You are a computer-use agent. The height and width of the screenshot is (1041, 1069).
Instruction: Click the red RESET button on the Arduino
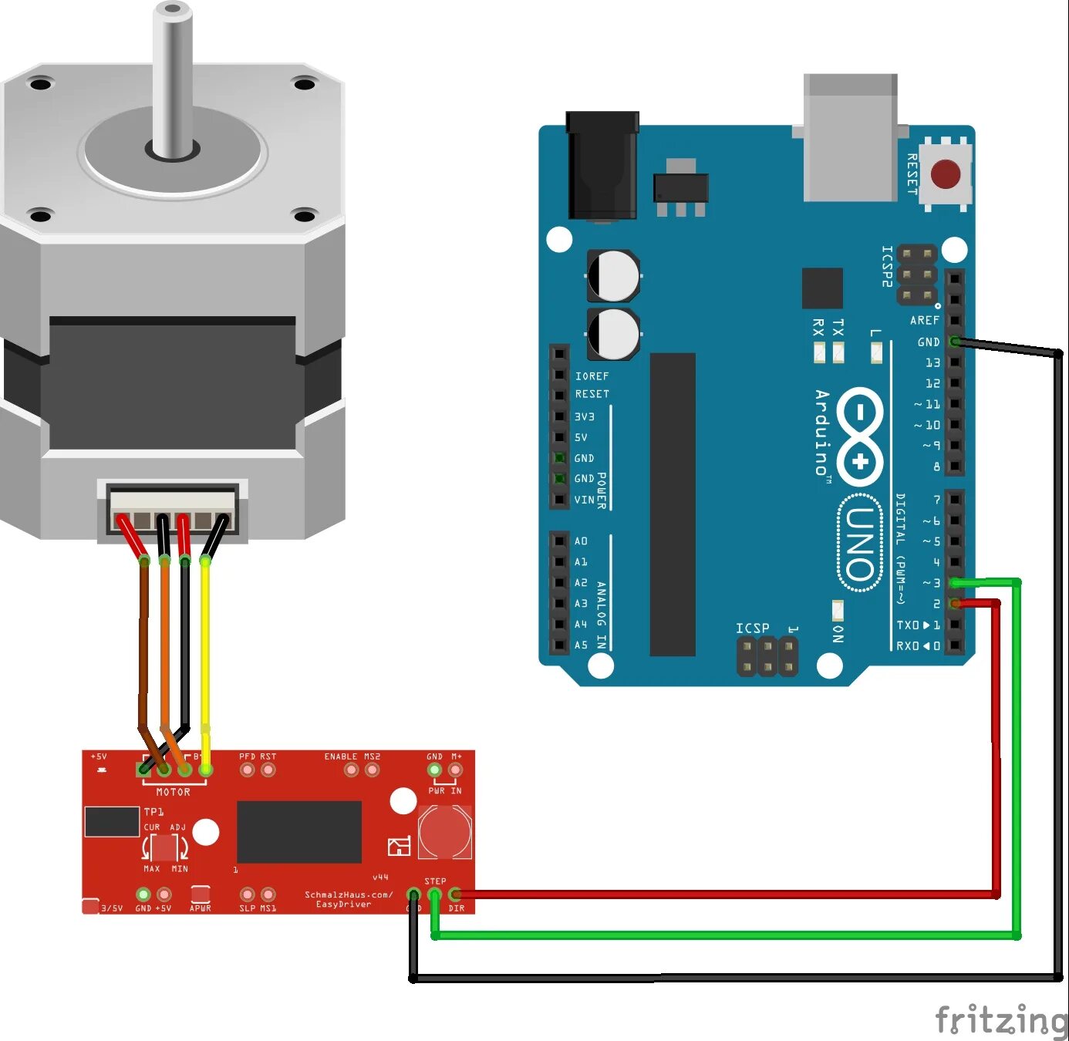click(x=945, y=174)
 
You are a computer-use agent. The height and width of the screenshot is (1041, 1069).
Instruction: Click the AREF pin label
click(x=924, y=320)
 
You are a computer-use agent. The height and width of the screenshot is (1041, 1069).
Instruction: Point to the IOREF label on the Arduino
click(x=592, y=376)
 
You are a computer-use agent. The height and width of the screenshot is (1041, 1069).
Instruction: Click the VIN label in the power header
click(x=584, y=500)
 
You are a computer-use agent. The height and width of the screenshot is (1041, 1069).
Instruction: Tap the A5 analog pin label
click(x=581, y=645)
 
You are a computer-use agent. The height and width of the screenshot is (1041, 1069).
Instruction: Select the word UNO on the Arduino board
click(x=859, y=544)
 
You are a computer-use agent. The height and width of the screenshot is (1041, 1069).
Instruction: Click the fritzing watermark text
click(x=1001, y=1019)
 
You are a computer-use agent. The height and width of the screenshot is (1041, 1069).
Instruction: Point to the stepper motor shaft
click(x=172, y=77)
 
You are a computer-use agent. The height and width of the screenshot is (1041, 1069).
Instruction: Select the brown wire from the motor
click(x=143, y=648)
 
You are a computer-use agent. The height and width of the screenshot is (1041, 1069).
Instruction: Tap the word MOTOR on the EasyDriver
click(x=173, y=792)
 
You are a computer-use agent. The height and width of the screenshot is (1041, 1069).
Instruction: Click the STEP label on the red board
click(x=435, y=881)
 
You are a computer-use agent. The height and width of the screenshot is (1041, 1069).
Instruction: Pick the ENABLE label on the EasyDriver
click(x=340, y=756)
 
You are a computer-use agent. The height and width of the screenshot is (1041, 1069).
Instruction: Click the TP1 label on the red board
click(x=153, y=811)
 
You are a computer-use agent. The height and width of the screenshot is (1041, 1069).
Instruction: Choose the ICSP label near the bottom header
click(x=752, y=628)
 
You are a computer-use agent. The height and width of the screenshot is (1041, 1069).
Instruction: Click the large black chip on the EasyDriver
click(x=298, y=831)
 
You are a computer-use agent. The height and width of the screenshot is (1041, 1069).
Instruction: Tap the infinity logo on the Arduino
click(x=860, y=436)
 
